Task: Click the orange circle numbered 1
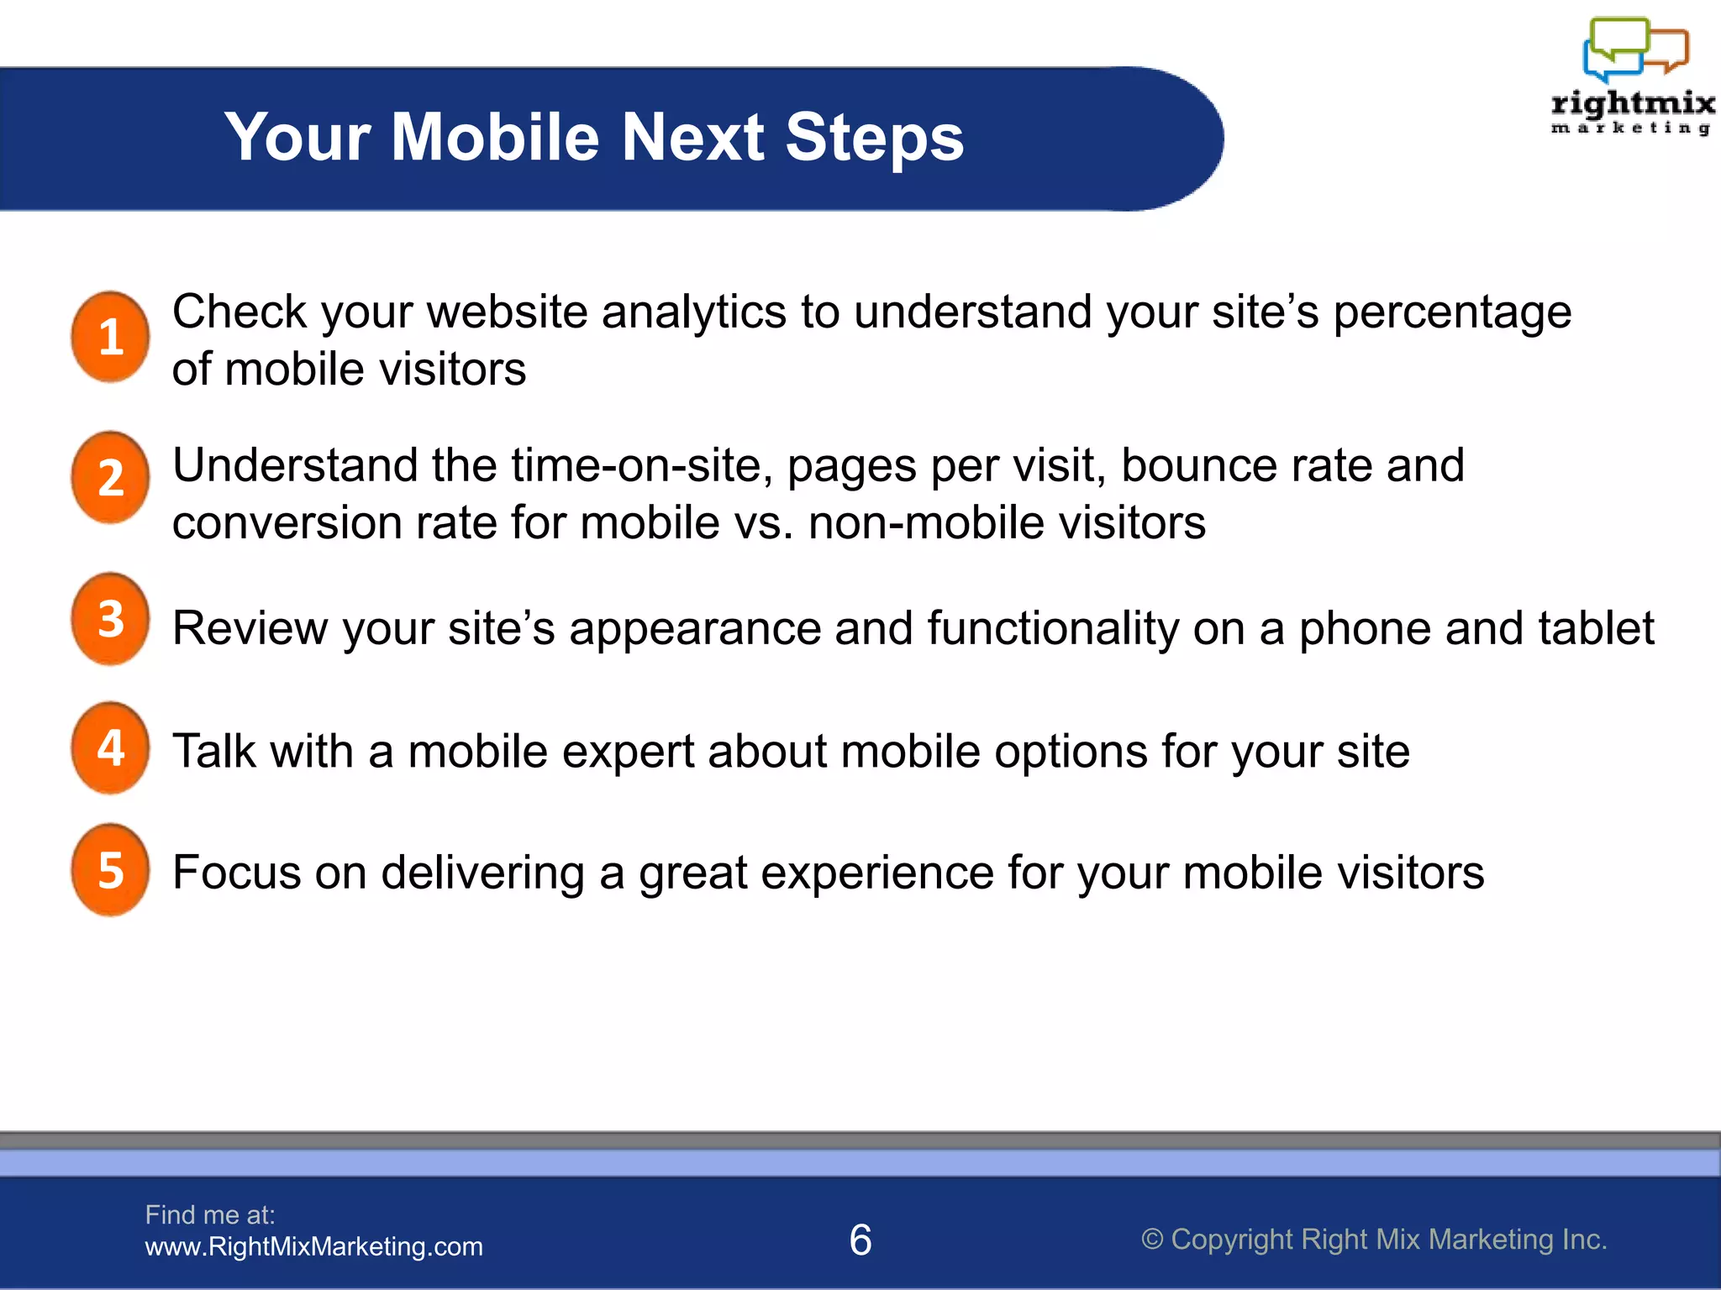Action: [110, 338]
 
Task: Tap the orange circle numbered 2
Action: [110, 478]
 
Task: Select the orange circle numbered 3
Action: [110, 619]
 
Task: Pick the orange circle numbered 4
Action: [110, 747]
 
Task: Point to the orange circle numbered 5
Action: [110, 870]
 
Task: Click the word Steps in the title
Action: [874, 138]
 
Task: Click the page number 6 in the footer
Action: [860, 1240]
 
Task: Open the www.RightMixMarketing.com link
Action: [313, 1246]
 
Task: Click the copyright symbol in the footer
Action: [1152, 1240]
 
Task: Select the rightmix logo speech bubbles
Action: [1635, 49]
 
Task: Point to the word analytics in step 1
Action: [694, 312]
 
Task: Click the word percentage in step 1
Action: [1452, 312]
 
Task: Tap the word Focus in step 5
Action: [236, 873]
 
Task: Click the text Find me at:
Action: [210, 1214]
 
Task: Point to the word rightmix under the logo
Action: [1632, 104]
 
